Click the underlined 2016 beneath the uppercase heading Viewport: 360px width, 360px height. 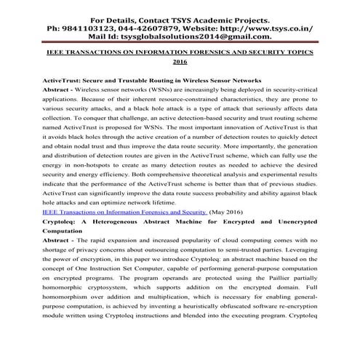coord(180,63)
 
